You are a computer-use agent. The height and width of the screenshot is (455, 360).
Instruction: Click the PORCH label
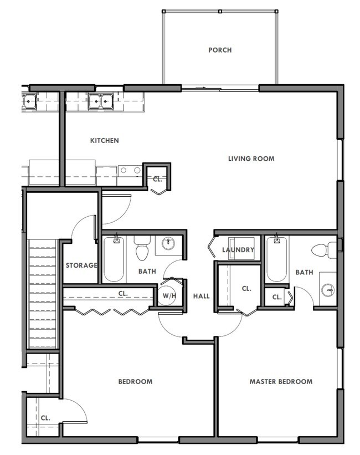click(x=220, y=50)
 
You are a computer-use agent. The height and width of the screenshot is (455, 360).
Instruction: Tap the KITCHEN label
click(x=105, y=141)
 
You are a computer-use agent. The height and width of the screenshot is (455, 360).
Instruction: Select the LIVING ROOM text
click(x=251, y=159)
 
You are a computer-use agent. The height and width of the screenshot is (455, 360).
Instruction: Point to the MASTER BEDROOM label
click(x=281, y=381)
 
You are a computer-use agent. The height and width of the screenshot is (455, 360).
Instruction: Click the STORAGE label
click(x=81, y=265)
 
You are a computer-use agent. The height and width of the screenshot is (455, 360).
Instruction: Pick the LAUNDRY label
click(x=238, y=250)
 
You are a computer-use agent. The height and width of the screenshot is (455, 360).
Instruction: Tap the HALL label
click(x=202, y=296)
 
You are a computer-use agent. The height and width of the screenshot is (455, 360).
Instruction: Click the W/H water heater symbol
click(x=168, y=295)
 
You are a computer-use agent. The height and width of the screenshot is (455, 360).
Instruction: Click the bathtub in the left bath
click(x=114, y=260)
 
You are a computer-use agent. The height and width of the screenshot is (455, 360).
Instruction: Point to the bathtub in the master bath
click(x=276, y=260)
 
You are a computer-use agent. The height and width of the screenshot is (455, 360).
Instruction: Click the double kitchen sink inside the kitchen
click(x=100, y=101)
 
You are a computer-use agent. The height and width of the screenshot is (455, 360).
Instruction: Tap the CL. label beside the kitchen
click(x=157, y=179)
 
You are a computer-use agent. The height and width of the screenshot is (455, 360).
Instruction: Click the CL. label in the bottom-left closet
click(x=45, y=418)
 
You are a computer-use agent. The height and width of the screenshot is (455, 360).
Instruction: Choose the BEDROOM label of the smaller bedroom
click(x=135, y=381)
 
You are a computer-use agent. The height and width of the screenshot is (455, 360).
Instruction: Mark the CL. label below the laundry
click(x=246, y=289)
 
